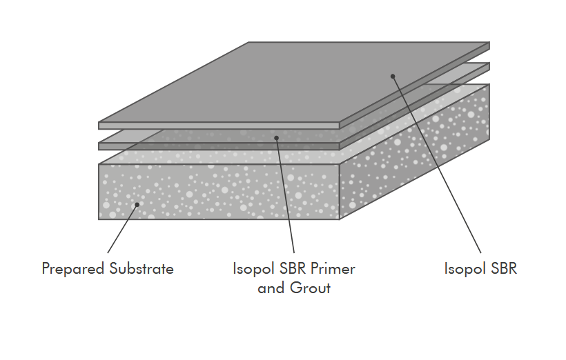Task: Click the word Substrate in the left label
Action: pos(141,269)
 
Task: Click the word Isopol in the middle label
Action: pos(253,269)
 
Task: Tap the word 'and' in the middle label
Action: pos(271,288)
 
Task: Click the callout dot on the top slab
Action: pos(393,76)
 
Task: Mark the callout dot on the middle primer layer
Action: pos(276,138)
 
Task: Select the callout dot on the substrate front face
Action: pos(137,204)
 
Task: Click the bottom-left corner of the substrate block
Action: pos(99,219)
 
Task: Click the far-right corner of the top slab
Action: pos(489,43)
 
